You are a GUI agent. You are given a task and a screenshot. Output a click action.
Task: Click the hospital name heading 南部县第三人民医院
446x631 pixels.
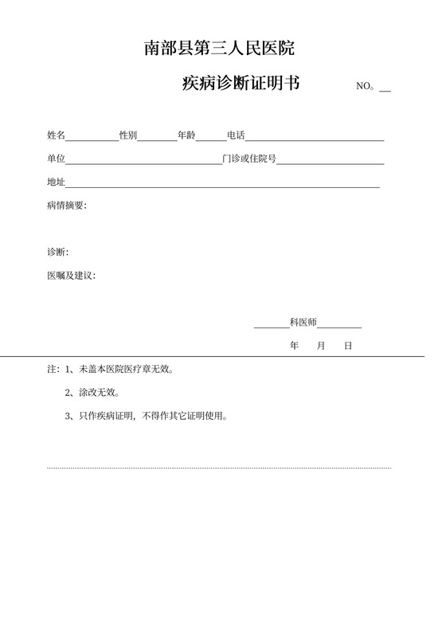tap(219, 49)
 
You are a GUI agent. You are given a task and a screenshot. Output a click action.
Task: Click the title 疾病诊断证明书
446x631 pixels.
tap(241, 83)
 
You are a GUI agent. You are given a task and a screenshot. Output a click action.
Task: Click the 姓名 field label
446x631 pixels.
tap(57, 135)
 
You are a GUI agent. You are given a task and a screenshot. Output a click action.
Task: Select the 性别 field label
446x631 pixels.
tap(128, 135)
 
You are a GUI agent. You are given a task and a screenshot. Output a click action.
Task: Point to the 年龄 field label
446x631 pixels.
tap(186, 135)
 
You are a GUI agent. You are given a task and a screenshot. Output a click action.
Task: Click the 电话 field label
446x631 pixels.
tap(236, 135)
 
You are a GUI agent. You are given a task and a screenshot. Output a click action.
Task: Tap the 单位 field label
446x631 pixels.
tap(57, 159)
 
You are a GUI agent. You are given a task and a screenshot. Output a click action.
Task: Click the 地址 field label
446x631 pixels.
tap(57, 183)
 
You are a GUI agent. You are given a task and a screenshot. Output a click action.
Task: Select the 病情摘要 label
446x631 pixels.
tap(67, 206)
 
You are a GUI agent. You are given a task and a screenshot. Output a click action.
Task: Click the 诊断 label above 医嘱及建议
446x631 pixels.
tap(57, 253)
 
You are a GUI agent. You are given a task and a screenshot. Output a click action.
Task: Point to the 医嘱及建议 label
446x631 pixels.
tap(71, 276)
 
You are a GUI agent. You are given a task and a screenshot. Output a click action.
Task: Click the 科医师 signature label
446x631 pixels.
tap(303, 323)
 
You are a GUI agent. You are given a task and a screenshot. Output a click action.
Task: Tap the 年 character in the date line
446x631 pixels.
tap(295, 347)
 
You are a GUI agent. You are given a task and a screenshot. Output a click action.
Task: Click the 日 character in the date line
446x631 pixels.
tap(348, 347)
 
